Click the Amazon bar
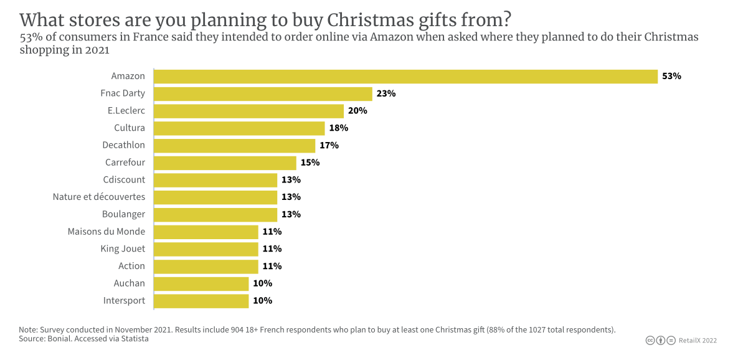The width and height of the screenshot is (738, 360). tap(405, 77)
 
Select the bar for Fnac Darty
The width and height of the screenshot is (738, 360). tap(263, 93)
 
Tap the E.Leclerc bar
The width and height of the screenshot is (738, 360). tap(248, 111)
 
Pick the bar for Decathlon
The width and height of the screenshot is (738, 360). tap(234, 145)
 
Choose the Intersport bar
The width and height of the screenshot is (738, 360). tap(201, 301)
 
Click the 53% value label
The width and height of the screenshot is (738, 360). tap(672, 77)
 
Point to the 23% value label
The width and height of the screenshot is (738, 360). tap(386, 93)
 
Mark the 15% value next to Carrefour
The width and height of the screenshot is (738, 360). tap(310, 163)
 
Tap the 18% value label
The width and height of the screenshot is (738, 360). tap(338, 128)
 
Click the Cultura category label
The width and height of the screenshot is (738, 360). tap(130, 128)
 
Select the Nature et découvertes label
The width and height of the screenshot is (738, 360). tap(98, 197)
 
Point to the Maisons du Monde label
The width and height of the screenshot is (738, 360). tap(106, 232)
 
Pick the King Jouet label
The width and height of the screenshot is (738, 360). tap(123, 249)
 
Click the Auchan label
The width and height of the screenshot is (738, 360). tap(129, 283)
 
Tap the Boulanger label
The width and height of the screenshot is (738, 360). tap(123, 214)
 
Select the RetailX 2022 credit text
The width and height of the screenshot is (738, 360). tap(698, 341)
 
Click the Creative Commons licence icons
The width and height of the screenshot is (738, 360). tap(660, 341)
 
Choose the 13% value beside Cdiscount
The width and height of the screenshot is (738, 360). tap(291, 180)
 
